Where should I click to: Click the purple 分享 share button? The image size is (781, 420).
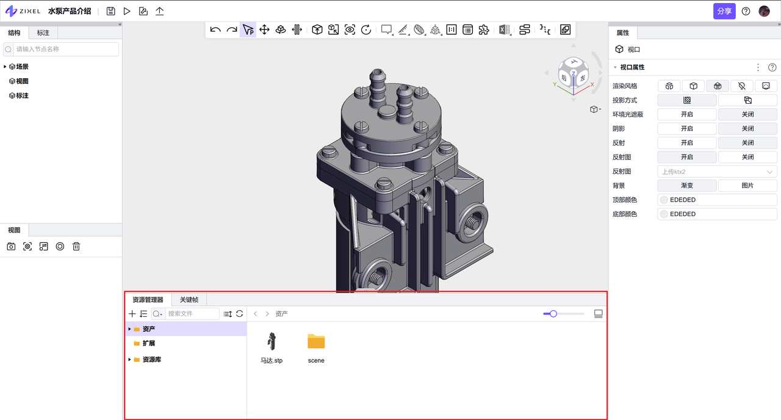click(x=724, y=11)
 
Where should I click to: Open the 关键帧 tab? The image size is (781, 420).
click(x=189, y=300)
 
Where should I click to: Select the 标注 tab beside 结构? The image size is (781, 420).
click(x=43, y=33)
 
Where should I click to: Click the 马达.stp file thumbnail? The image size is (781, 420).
click(x=272, y=341)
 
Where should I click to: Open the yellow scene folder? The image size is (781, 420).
click(x=316, y=341)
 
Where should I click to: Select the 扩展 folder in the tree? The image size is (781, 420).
click(x=148, y=343)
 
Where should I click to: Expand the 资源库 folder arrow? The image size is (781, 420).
click(x=129, y=360)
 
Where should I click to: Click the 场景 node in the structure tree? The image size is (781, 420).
click(x=22, y=67)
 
